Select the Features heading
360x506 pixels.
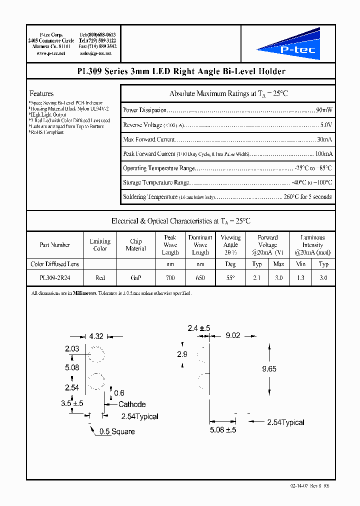tap(41, 93)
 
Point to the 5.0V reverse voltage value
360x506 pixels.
tap(326, 124)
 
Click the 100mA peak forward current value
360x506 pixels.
tap(323, 153)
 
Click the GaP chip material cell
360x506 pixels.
tap(135, 277)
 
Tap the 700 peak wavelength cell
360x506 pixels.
tap(170, 277)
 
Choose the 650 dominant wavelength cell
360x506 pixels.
tap(200, 277)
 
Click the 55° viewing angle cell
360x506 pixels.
tap(230, 277)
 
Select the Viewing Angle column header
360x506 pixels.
tap(230, 245)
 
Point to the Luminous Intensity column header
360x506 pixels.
tap(312, 245)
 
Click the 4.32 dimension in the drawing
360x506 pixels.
tap(96, 337)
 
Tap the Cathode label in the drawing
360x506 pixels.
tap(132, 404)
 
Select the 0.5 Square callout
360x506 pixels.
tap(116, 431)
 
